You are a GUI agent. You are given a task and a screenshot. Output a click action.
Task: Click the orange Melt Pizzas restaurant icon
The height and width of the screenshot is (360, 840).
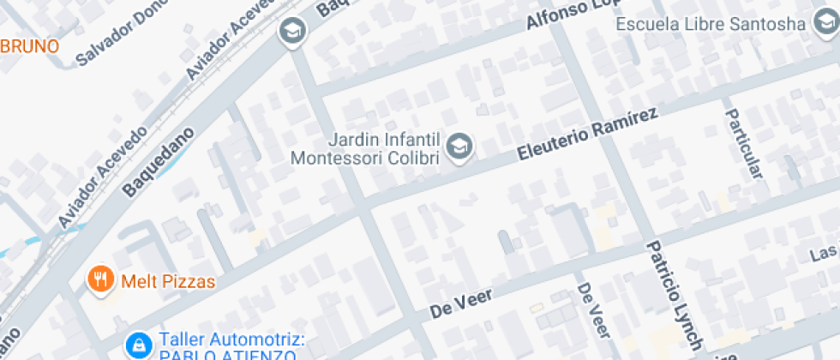[101, 279]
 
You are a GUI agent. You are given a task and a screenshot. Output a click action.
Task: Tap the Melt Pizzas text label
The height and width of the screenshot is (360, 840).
[167, 280]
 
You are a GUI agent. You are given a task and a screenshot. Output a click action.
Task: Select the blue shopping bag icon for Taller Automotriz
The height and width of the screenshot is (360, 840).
[136, 345]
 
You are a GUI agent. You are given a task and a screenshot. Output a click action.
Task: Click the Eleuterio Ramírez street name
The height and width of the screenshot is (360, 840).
[588, 135]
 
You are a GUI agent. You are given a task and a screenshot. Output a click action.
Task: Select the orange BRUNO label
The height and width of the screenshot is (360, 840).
[29, 45]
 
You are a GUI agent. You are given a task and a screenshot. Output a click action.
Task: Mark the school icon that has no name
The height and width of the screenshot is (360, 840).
[292, 32]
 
